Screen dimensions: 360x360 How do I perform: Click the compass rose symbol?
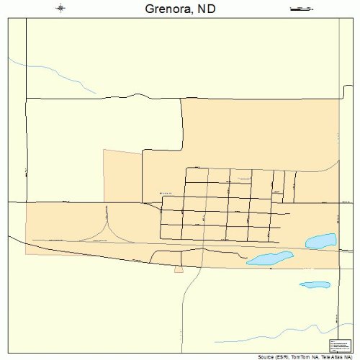[60, 9]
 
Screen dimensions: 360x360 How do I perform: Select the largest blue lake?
[270, 258]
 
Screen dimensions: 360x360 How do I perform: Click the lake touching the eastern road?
[321, 240]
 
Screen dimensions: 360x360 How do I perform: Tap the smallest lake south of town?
[314, 284]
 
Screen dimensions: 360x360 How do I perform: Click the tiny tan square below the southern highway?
[178, 269]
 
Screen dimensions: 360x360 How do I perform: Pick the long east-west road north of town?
[180, 97]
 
